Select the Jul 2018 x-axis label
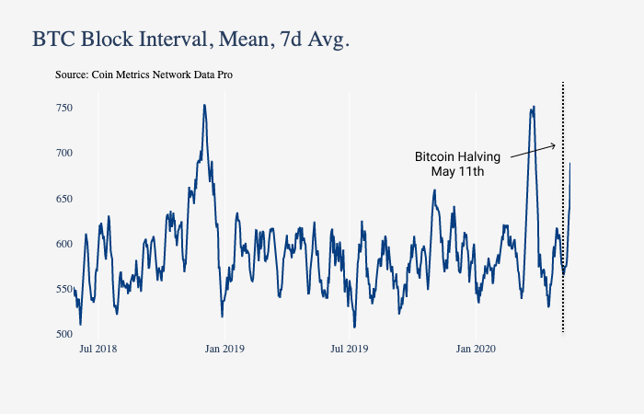(x=98, y=349)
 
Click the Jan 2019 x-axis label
(x=224, y=349)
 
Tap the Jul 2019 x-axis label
(x=349, y=349)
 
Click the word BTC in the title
(x=54, y=40)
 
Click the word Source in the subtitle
(x=72, y=75)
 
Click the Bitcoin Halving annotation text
(x=457, y=157)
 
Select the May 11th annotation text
(x=457, y=171)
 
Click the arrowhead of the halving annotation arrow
(x=554, y=144)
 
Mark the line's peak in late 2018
(x=204, y=105)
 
